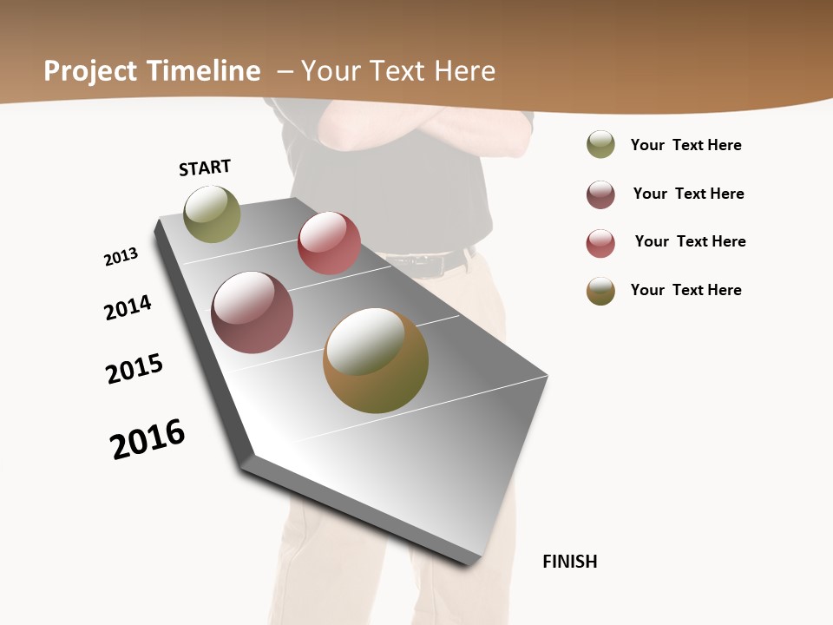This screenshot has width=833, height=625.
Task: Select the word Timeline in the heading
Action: click(204, 71)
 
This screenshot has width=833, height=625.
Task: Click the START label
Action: click(205, 168)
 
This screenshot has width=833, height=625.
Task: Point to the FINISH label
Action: click(570, 562)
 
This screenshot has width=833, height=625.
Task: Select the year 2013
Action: click(121, 257)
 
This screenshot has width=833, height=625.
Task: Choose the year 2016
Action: click(148, 439)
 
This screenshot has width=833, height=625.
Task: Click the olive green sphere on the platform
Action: click(213, 214)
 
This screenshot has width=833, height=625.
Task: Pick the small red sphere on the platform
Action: click(329, 243)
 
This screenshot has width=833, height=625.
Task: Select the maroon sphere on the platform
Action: click(253, 312)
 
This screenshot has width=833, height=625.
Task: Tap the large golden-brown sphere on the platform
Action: click(376, 360)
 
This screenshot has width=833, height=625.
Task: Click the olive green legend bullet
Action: click(600, 144)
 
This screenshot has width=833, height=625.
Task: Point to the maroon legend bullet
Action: click(600, 194)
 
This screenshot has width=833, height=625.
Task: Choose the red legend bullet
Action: click(600, 243)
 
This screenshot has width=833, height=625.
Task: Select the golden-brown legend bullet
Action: click(600, 291)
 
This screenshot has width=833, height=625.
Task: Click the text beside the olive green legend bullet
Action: click(685, 145)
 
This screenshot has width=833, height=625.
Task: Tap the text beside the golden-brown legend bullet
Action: click(685, 290)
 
